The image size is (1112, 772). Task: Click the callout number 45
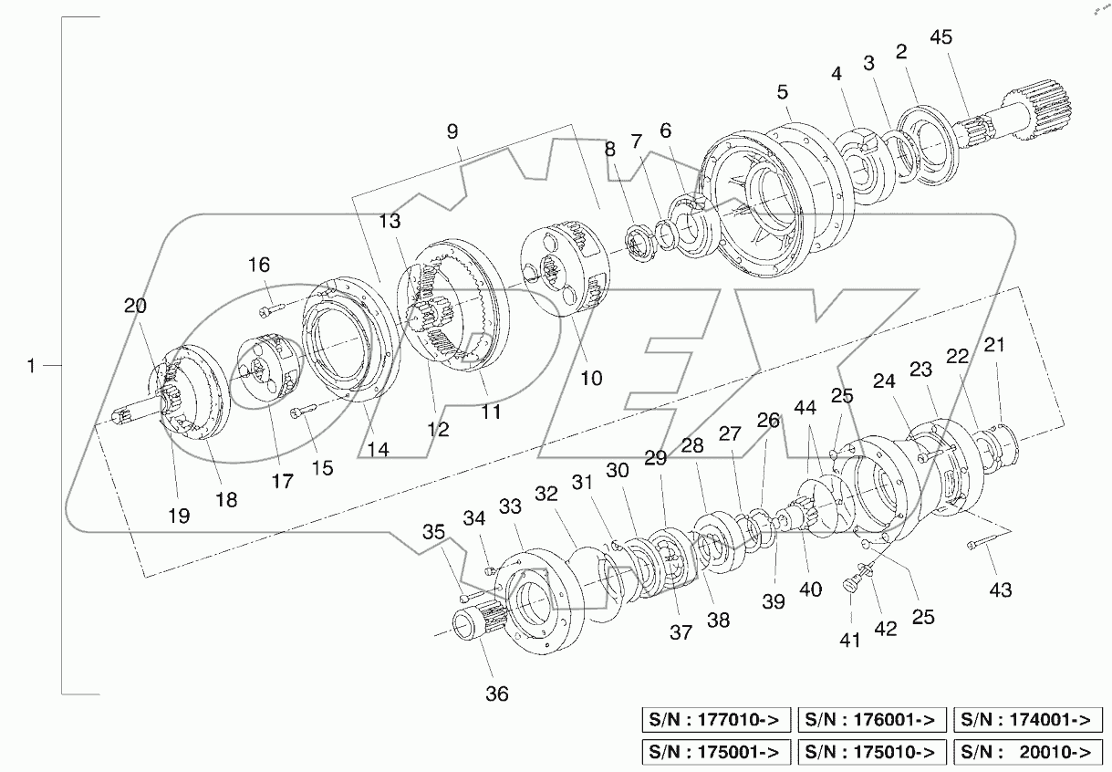point(940,37)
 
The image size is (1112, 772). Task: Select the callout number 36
point(496,694)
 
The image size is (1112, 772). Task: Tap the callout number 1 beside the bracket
point(32,366)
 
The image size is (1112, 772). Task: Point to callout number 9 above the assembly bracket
point(452,131)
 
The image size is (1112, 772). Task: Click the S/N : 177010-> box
point(716,720)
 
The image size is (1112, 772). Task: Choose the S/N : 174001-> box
point(1026,720)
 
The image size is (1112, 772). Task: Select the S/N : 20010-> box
point(1026,752)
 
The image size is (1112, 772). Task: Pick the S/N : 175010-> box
point(871,752)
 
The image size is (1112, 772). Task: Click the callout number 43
point(1001,590)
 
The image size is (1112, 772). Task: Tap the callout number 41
point(850,641)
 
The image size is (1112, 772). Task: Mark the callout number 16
point(259,266)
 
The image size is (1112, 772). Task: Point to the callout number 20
point(135,307)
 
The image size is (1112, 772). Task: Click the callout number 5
point(783,92)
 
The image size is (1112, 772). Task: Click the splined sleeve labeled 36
point(472,628)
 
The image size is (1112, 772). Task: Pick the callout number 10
point(591,377)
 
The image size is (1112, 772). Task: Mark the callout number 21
point(993,345)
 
